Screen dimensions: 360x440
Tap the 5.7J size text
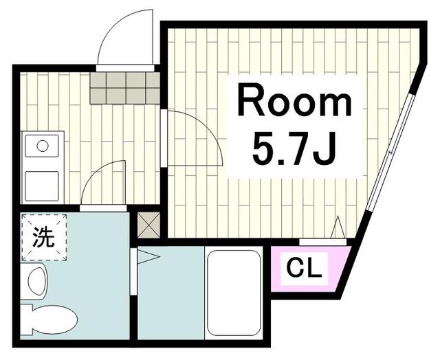click(x=294, y=148)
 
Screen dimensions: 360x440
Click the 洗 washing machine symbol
click(x=44, y=238)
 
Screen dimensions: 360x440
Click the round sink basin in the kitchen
click(x=43, y=146)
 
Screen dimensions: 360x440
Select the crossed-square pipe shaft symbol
click(x=148, y=224)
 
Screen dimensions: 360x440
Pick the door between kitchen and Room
click(x=193, y=137)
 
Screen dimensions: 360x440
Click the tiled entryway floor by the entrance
click(x=124, y=87)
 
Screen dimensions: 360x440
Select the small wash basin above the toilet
click(x=35, y=282)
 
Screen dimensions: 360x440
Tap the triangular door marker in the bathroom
click(x=148, y=257)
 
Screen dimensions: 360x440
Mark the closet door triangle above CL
click(x=338, y=227)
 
